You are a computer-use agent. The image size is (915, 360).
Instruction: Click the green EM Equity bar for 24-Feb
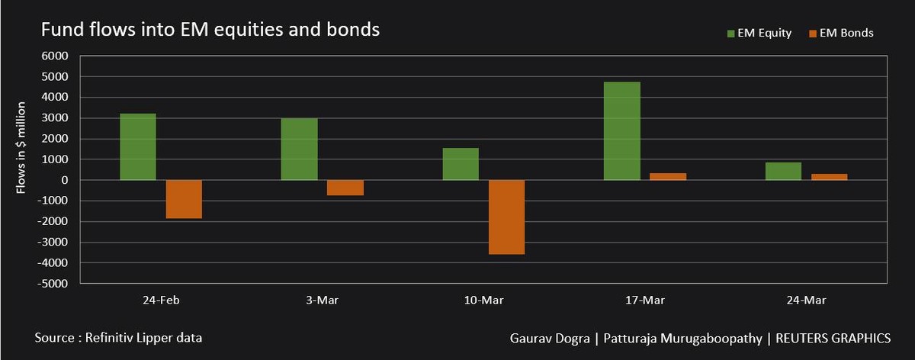[138, 146]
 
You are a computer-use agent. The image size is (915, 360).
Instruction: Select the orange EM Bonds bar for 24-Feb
[184, 199]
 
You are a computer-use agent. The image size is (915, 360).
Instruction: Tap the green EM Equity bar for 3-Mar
[299, 149]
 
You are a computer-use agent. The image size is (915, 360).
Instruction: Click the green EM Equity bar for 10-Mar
[461, 164]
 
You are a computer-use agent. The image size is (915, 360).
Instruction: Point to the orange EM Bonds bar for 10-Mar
[506, 217]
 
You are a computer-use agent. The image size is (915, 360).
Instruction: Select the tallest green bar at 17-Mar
[621, 130]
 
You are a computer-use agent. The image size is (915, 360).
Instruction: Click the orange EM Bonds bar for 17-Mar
[668, 176]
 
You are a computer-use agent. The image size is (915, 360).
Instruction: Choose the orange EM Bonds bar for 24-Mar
[829, 177]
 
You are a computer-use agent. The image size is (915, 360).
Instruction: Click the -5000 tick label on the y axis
[55, 284]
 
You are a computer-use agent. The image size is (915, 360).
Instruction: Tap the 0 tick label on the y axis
[65, 180]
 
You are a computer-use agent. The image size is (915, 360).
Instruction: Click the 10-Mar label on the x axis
[483, 300]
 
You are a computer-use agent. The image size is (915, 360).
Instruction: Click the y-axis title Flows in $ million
[22, 146]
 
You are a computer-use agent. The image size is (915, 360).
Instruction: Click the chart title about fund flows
[210, 31]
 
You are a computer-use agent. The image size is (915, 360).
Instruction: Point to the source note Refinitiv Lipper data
[118, 336]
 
